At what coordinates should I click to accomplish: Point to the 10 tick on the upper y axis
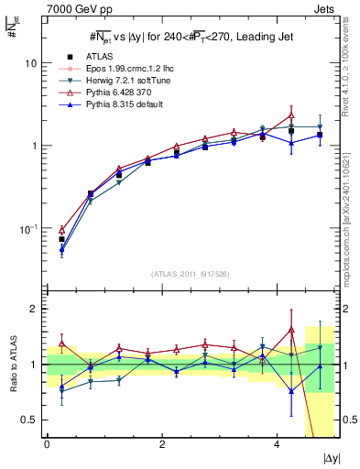(x=32, y=63)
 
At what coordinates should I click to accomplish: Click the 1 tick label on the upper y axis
(x=36, y=146)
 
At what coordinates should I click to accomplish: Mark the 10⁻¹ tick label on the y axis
(x=29, y=228)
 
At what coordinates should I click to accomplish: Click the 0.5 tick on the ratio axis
(x=31, y=420)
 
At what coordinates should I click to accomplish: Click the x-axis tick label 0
(x=47, y=445)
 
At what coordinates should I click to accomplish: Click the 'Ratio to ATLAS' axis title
(x=13, y=364)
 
